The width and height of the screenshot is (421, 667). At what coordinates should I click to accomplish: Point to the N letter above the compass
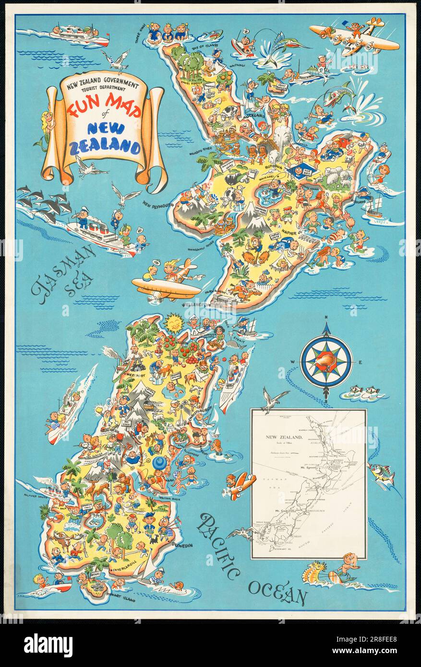[326, 317]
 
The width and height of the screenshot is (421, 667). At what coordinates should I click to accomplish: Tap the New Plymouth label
[157, 204]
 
